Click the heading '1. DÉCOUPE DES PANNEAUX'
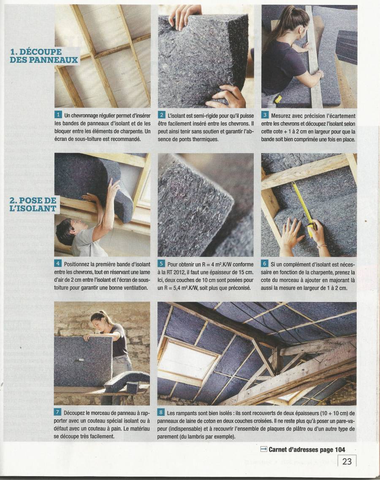pos(44,56)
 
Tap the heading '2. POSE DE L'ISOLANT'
pos(33,205)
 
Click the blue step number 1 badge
pos(58,115)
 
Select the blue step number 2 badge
pos(162,115)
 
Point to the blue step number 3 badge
pos(265,115)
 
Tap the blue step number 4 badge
pos(58,264)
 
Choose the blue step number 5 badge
pos(161,264)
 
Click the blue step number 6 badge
pos(265,264)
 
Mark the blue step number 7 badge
pos(57,413)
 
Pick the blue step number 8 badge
pos(161,413)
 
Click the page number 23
pos(347,461)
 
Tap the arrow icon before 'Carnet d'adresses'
pos(263,449)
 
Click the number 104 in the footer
pos(340,449)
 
